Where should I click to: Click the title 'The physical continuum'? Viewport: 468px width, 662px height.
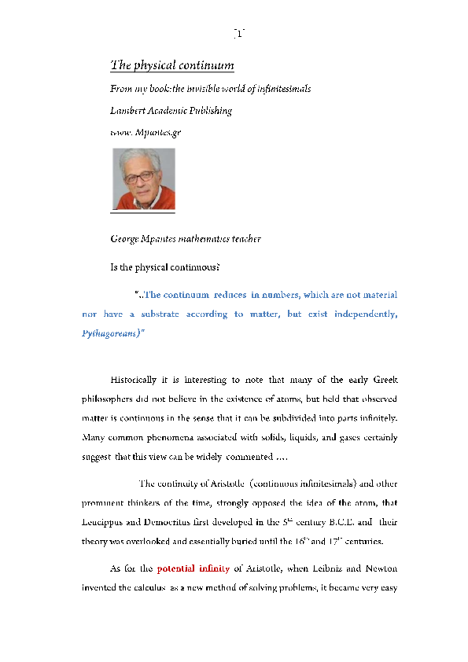coord(172,64)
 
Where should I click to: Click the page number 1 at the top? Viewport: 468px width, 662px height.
coord(239,33)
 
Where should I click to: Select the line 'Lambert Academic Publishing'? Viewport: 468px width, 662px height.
coord(171,111)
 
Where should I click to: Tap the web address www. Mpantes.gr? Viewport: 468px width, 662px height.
coord(146,132)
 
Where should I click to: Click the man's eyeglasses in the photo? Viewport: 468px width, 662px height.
coord(140,177)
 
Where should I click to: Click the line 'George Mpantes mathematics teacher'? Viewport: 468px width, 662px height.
coord(186,238)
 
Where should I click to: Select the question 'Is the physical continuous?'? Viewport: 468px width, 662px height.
coord(164,267)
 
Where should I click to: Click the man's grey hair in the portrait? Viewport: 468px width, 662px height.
coord(141,157)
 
